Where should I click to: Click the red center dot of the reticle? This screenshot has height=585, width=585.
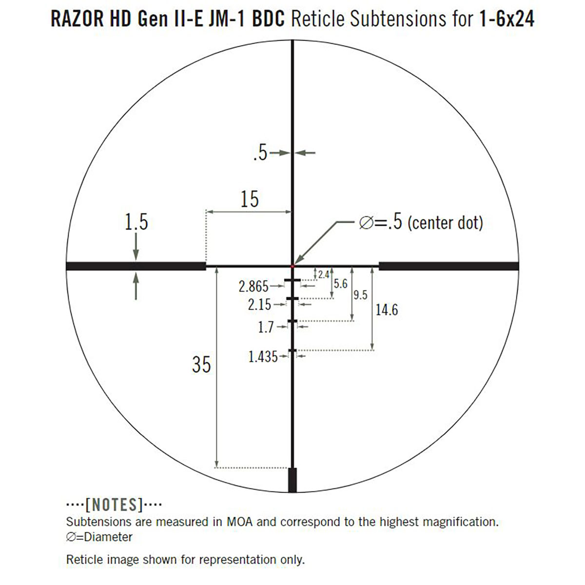[x=292, y=266]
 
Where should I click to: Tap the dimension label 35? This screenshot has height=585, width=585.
[x=201, y=364]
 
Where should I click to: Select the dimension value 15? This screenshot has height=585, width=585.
[x=249, y=199]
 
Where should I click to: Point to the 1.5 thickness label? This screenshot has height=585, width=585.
[x=136, y=222]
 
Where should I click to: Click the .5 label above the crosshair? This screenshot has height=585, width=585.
[x=260, y=153]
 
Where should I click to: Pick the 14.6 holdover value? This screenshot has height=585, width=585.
[x=387, y=310]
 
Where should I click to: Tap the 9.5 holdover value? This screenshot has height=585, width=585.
[x=360, y=295]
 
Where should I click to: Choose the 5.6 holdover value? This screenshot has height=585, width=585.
[x=340, y=284]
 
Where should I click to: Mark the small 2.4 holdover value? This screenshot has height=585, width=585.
[x=323, y=275]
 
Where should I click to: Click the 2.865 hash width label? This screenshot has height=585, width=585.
[x=253, y=286]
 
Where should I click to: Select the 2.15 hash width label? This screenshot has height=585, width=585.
[x=259, y=305]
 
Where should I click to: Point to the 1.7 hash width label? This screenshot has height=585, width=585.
[x=266, y=327]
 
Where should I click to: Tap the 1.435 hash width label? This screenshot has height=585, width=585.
[x=263, y=357]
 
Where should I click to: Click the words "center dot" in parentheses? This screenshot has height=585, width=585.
[x=445, y=223]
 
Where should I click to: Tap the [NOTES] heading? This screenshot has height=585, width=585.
[x=114, y=504]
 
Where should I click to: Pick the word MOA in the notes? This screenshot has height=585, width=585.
[x=239, y=522]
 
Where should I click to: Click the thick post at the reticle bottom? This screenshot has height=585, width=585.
[x=292, y=480]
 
